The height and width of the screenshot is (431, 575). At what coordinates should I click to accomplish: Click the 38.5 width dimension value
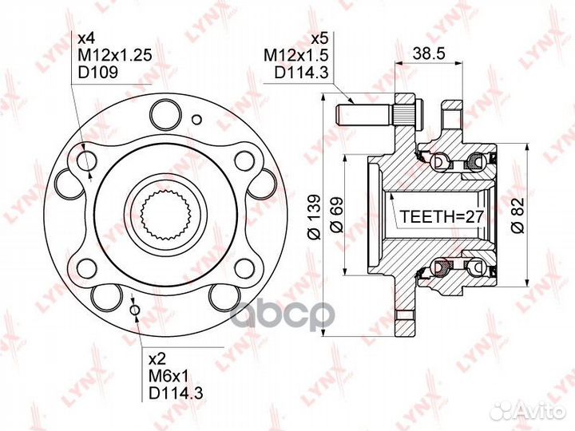pos(428,53)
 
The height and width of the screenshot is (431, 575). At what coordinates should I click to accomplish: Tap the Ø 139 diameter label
pos(315,216)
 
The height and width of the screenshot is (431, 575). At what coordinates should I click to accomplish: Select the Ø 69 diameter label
pos(336,215)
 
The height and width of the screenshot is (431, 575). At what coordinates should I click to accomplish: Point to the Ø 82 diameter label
pos(518,215)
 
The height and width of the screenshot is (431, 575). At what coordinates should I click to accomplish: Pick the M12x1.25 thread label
pos(115,55)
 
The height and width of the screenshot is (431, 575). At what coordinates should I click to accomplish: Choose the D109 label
pos(98,72)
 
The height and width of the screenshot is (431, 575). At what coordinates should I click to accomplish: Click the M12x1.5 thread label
pos(296,55)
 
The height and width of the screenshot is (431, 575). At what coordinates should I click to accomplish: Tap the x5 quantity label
pos(319,38)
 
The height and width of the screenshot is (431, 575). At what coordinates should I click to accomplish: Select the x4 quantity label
pos(87,38)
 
